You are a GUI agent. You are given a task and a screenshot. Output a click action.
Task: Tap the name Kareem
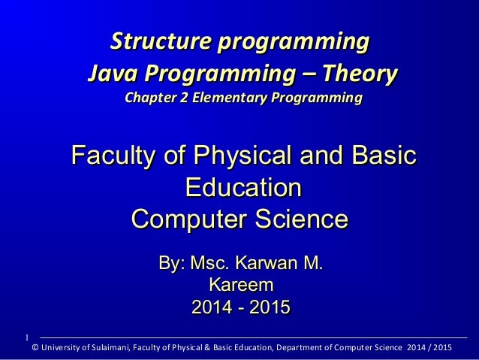pyautogui.click(x=240, y=286)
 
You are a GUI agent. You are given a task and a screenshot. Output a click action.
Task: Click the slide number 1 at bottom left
pyautogui.click(x=26, y=335)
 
